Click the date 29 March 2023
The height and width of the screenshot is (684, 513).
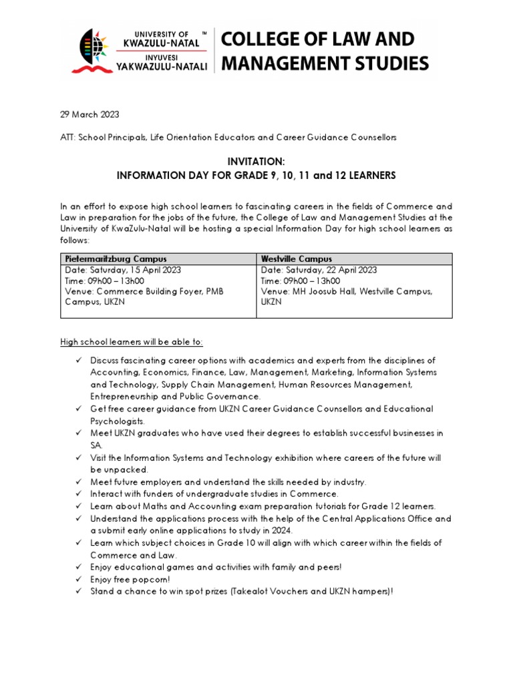coord(90,115)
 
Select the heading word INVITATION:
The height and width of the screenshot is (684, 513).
coord(256,162)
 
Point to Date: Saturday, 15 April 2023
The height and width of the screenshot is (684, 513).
coord(122,270)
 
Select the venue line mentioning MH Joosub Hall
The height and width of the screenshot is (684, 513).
coord(347,291)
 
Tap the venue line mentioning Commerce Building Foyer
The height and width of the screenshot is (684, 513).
coord(144,291)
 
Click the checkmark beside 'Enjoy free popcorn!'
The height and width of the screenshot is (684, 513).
coord(78,580)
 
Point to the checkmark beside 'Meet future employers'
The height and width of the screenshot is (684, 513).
coord(78,482)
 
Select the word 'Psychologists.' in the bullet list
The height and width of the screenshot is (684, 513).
coord(117,421)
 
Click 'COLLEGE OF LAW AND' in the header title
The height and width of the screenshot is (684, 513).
coord(318,39)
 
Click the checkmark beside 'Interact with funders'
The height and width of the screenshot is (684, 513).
coord(78,494)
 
